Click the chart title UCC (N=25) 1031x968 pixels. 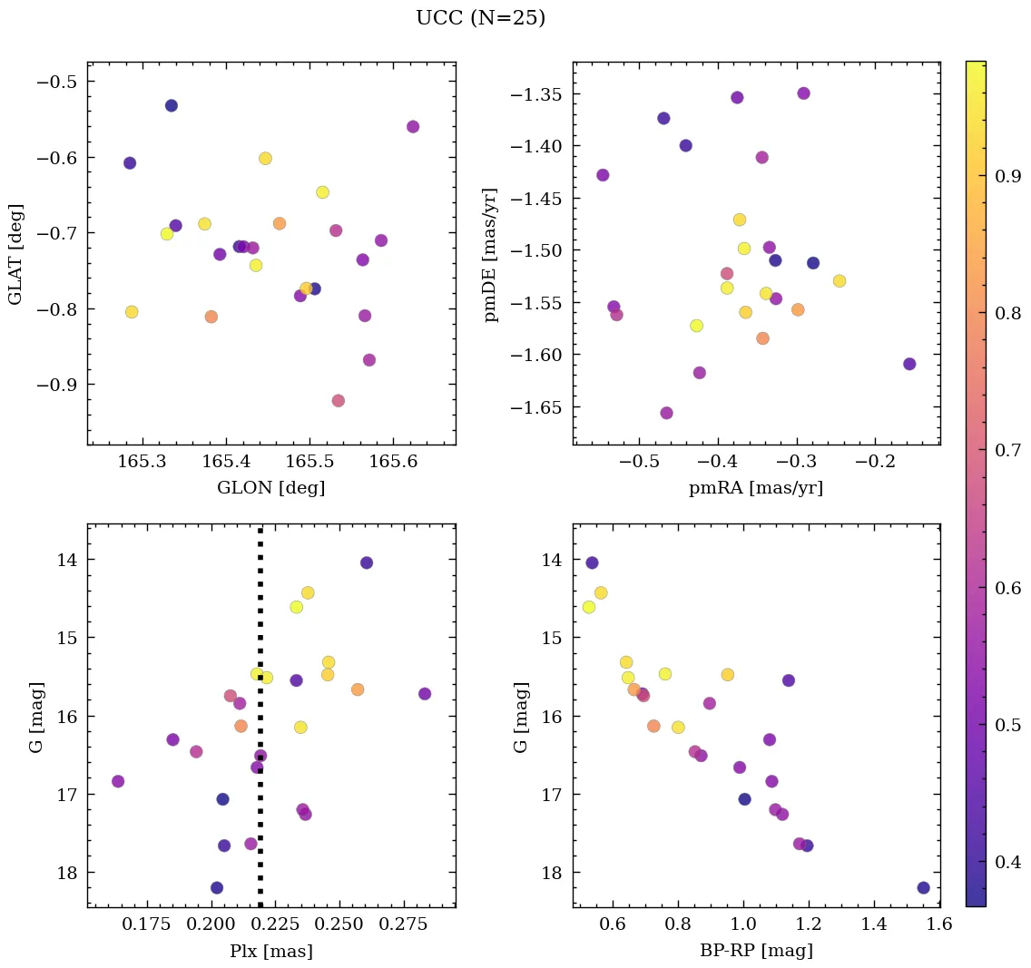point(480,18)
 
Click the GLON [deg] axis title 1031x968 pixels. point(270,488)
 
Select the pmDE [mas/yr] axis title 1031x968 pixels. point(492,253)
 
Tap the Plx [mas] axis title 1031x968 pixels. point(270,951)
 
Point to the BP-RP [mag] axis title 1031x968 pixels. point(756,951)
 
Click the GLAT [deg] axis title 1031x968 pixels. point(15,253)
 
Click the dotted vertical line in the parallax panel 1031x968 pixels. point(260,816)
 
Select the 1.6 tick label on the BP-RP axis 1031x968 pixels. point(939,925)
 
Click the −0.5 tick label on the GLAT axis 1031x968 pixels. point(55,82)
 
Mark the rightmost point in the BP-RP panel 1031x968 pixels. point(923,887)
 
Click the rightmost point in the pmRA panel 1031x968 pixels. point(909,364)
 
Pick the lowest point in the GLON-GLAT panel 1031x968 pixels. point(339,401)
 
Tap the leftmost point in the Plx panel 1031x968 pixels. point(118,781)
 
